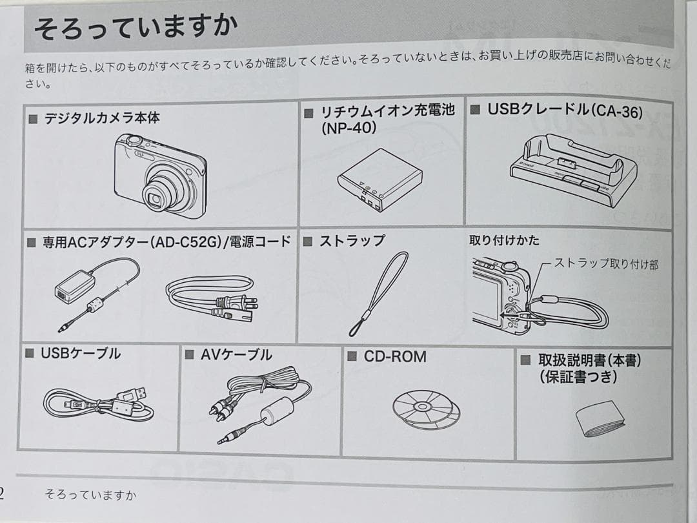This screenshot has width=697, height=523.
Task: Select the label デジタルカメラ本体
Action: point(101,118)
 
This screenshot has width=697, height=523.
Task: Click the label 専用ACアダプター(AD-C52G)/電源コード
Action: point(166,242)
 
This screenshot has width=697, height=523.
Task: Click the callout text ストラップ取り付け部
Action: point(606,264)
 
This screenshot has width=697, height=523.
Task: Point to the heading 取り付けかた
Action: point(504,240)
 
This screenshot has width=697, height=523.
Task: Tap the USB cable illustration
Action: point(97,404)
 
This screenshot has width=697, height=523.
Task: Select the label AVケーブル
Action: point(236,354)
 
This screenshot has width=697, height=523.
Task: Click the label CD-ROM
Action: point(394,356)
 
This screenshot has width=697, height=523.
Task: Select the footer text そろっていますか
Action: point(90,495)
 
